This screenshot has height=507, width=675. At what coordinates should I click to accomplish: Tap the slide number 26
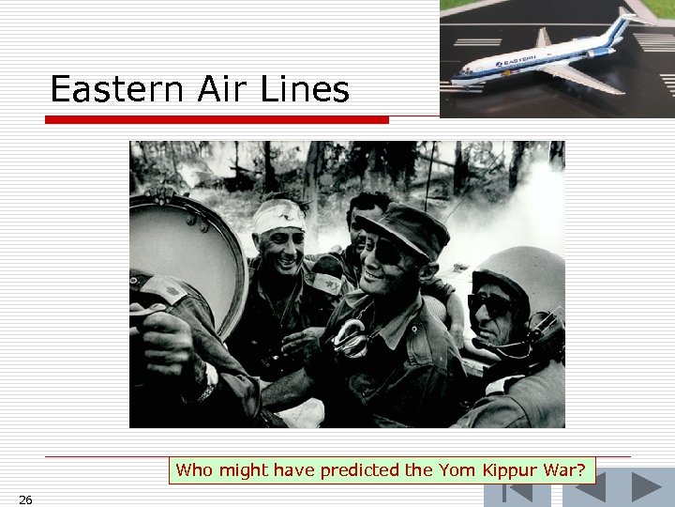point(25,499)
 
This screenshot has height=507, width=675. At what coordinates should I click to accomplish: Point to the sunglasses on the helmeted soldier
point(492,305)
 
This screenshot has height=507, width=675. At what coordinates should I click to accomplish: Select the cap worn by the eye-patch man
point(405,228)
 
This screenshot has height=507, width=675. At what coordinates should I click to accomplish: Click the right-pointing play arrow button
point(646,487)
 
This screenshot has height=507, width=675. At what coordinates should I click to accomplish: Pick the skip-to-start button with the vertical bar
point(512,493)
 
